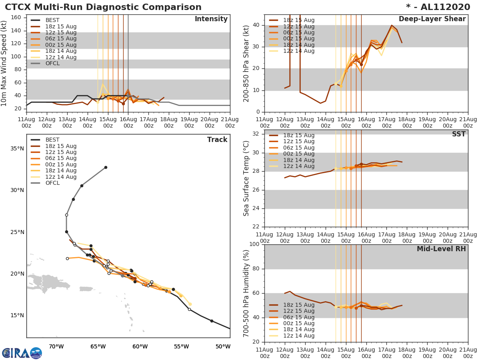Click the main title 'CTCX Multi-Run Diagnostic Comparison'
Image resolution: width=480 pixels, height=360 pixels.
[103, 7]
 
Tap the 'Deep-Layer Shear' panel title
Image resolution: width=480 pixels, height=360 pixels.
[432, 19]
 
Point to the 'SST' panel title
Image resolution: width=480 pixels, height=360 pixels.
[458, 134]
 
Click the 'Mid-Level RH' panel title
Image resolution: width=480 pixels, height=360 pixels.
[441, 249]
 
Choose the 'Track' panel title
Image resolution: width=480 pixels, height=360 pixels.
[217, 140]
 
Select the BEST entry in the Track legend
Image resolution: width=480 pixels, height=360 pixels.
[52, 140]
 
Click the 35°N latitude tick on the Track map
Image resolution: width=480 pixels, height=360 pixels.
[17, 148]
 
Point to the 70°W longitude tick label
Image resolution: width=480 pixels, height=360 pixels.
[56, 346]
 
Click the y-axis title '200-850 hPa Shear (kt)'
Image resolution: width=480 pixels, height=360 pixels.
[246, 63]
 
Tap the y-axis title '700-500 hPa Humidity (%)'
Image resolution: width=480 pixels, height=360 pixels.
[246, 293]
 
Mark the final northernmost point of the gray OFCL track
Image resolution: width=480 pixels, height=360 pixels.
[106, 167]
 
